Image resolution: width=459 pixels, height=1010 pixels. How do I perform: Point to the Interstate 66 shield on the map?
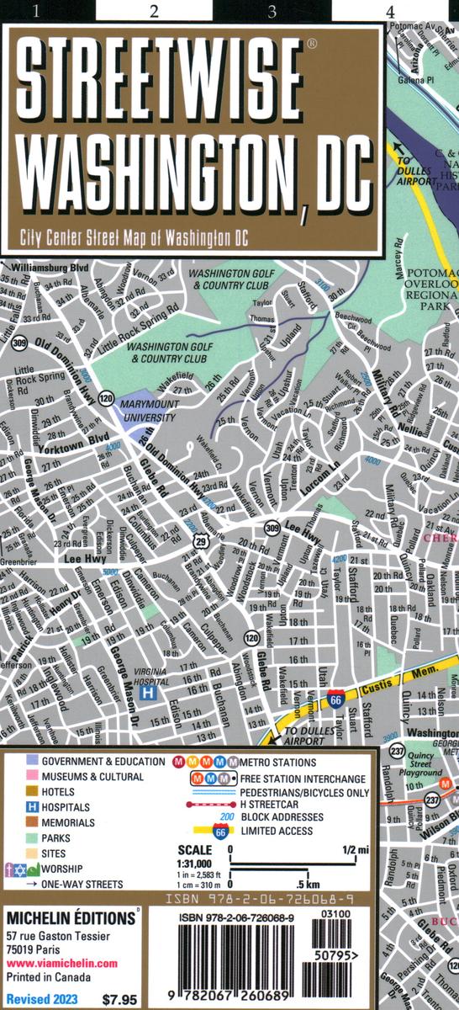pos(336,697)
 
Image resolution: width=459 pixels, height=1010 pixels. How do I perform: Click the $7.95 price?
pos(118,1000)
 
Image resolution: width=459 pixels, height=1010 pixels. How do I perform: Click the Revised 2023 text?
pos(42,999)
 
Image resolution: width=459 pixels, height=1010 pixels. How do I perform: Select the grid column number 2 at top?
pos(153,11)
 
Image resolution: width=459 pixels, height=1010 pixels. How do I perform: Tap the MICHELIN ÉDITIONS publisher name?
pos(67,916)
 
